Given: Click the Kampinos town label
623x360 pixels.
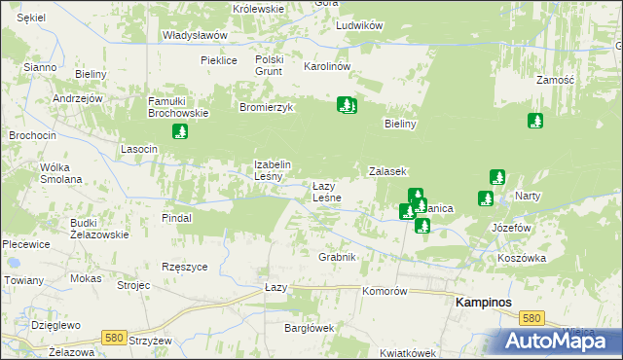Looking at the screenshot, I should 484,304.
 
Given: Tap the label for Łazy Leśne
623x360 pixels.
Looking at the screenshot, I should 326,192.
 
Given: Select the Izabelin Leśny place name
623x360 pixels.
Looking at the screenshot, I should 268,170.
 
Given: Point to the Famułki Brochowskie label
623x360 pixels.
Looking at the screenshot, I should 178,107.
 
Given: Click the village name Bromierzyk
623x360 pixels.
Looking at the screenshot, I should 267,107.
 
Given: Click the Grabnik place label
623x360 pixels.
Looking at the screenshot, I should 338,257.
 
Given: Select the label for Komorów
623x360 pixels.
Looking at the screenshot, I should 384,291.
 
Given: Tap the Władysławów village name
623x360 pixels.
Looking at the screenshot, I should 195,35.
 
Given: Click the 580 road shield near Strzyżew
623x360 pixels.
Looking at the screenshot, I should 115,338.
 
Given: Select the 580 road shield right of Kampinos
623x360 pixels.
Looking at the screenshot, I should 531,318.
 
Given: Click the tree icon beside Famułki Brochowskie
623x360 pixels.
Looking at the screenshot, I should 179,131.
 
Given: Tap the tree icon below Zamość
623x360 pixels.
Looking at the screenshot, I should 534,121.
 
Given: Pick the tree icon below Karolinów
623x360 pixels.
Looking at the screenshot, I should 347,104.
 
